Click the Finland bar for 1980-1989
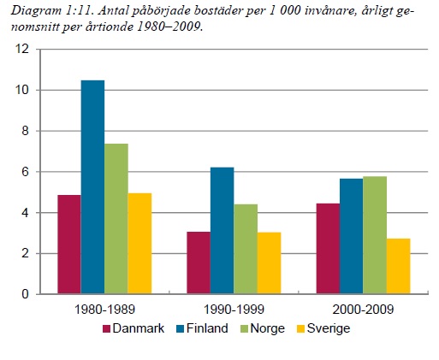92,187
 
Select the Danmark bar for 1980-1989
69,245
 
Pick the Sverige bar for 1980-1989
139,244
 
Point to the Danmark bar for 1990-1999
198,263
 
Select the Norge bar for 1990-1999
245,249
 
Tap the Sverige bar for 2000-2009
399,266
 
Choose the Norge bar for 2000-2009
375,235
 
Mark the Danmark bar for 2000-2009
328,249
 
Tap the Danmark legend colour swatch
107,328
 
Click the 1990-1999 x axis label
234,309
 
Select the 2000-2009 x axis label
364,309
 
